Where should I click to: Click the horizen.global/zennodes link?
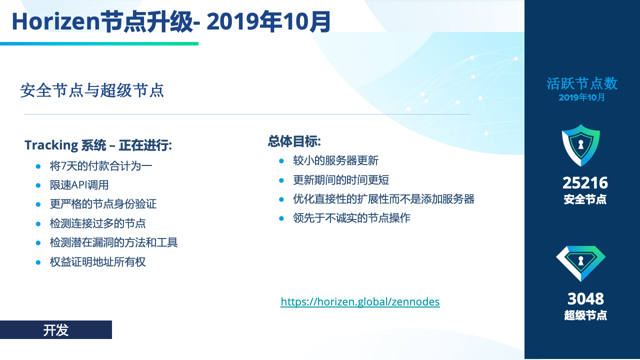(x=360, y=302)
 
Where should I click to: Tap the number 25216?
(x=585, y=183)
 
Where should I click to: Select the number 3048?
(x=585, y=299)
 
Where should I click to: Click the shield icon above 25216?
(x=581, y=145)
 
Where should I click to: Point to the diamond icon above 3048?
(x=581, y=263)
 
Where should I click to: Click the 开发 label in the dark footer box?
(x=55, y=330)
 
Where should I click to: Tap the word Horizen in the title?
(x=55, y=21)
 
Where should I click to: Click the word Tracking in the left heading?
(x=51, y=145)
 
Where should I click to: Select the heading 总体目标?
(x=294, y=141)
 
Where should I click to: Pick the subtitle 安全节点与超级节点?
(x=92, y=90)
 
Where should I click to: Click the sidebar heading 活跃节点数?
(x=582, y=83)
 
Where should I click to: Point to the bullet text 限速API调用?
(x=79, y=185)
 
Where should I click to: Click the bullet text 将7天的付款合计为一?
(x=101, y=166)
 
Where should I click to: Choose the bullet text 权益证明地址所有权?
(x=97, y=262)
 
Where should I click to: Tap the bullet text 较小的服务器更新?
(x=335, y=160)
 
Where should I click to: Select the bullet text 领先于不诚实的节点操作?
(x=351, y=218)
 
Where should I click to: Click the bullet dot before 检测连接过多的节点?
(x=38, y=223)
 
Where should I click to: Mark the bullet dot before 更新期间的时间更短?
(x=281, y=180)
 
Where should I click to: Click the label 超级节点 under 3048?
(x=585, y=315)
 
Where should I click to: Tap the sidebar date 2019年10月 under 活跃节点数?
(x=581, y=97)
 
